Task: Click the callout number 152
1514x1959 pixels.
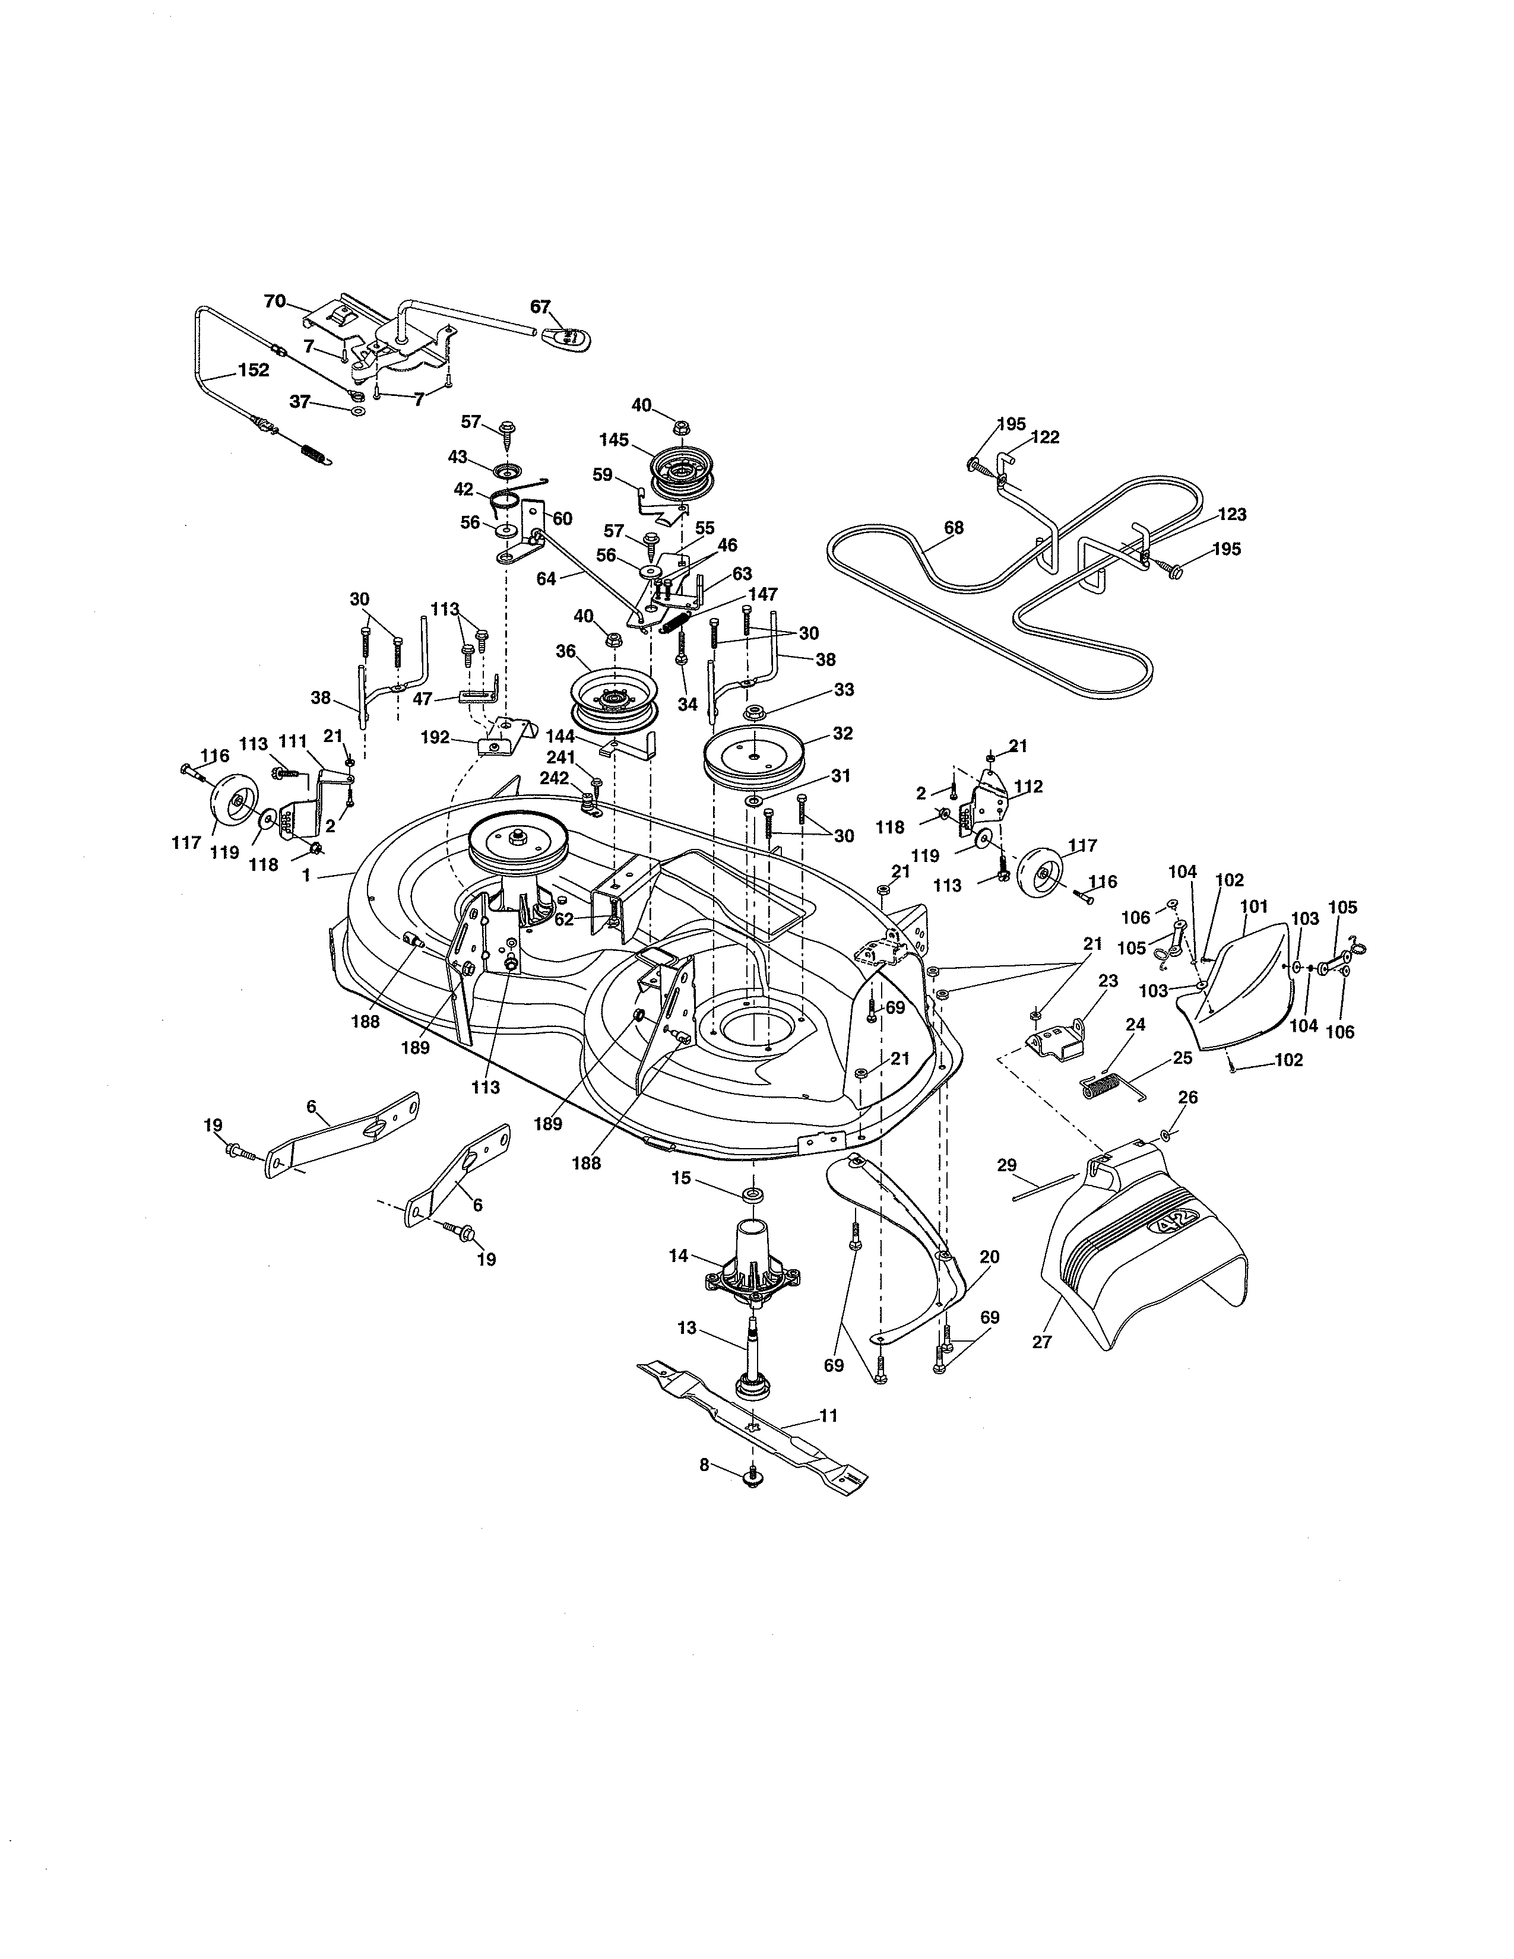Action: coord(253,370)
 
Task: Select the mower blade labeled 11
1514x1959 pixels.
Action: coord(753,1424)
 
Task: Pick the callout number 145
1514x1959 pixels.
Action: coord(615,440)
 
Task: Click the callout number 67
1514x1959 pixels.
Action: coord(540,307)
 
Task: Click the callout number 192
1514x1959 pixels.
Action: coord(435,737)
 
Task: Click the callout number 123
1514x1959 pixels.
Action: coord(1233,515)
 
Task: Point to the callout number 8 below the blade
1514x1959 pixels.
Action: coord(704,1465)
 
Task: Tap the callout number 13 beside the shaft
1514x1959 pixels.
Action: coord(687,1329)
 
